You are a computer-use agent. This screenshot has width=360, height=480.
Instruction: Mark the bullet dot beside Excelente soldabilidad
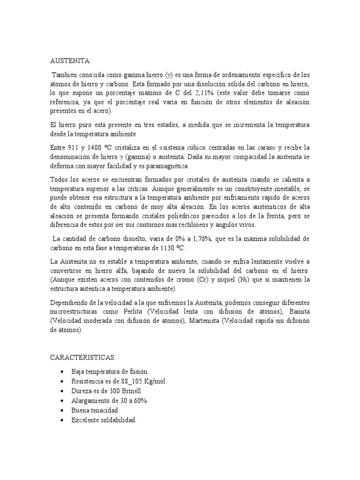62,420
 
